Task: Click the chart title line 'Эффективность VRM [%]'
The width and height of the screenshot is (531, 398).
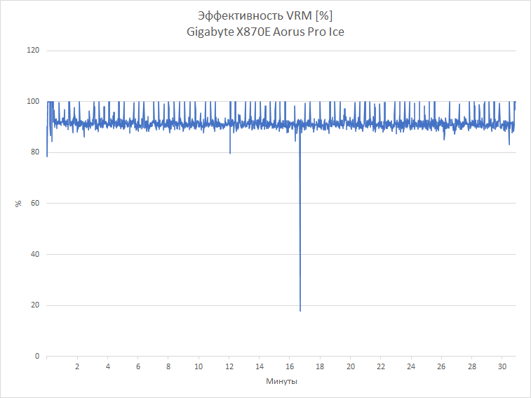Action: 265,16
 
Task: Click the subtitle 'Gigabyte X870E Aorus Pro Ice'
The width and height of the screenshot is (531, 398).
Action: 265,32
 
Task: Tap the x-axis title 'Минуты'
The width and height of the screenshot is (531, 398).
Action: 281,382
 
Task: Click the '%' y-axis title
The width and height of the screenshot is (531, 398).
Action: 18,204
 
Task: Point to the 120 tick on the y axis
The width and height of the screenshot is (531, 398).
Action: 32,51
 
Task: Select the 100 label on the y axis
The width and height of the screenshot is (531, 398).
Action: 32,102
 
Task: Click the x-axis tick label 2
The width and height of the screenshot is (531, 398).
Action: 77,367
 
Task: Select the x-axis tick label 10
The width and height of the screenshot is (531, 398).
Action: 199,367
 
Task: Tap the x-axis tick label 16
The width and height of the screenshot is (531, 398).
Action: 290,367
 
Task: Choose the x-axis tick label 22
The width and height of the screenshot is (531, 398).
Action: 381,367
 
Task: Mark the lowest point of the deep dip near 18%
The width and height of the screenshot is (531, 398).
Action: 300,310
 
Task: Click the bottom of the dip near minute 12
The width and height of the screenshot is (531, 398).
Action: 230,153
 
